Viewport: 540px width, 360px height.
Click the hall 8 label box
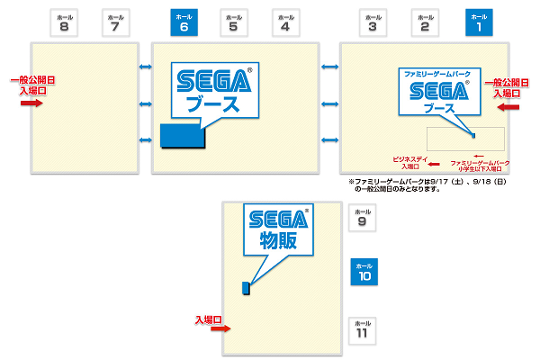(x=64, y=22)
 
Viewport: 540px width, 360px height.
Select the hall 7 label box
(x=115, y=22)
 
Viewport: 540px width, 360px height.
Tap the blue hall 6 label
(x=184, y=22)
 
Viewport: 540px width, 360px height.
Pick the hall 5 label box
(x=234, y=22)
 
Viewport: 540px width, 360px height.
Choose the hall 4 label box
(x=286, y=22)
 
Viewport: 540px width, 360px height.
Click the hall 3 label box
(x=373, y=22)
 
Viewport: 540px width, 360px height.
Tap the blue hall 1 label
(x=480, y=22)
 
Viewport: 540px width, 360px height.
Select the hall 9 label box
(x=362, y=217)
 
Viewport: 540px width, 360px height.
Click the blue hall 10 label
(x=364, y=272)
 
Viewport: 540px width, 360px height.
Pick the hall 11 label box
(x=362, y=328)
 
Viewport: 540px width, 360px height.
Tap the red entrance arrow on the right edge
(x=508, y=106)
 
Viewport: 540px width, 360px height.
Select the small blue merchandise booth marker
(x=245, y=288)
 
